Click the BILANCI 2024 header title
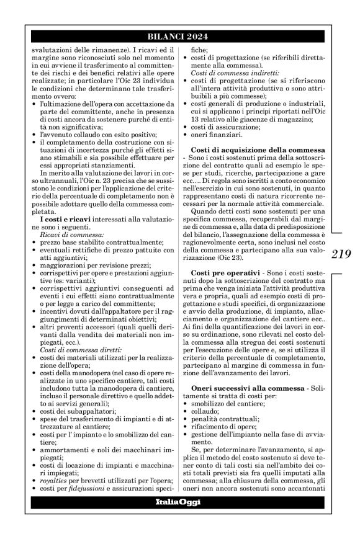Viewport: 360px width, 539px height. tap(179, 35)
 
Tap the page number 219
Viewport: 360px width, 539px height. tap(343, 254)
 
